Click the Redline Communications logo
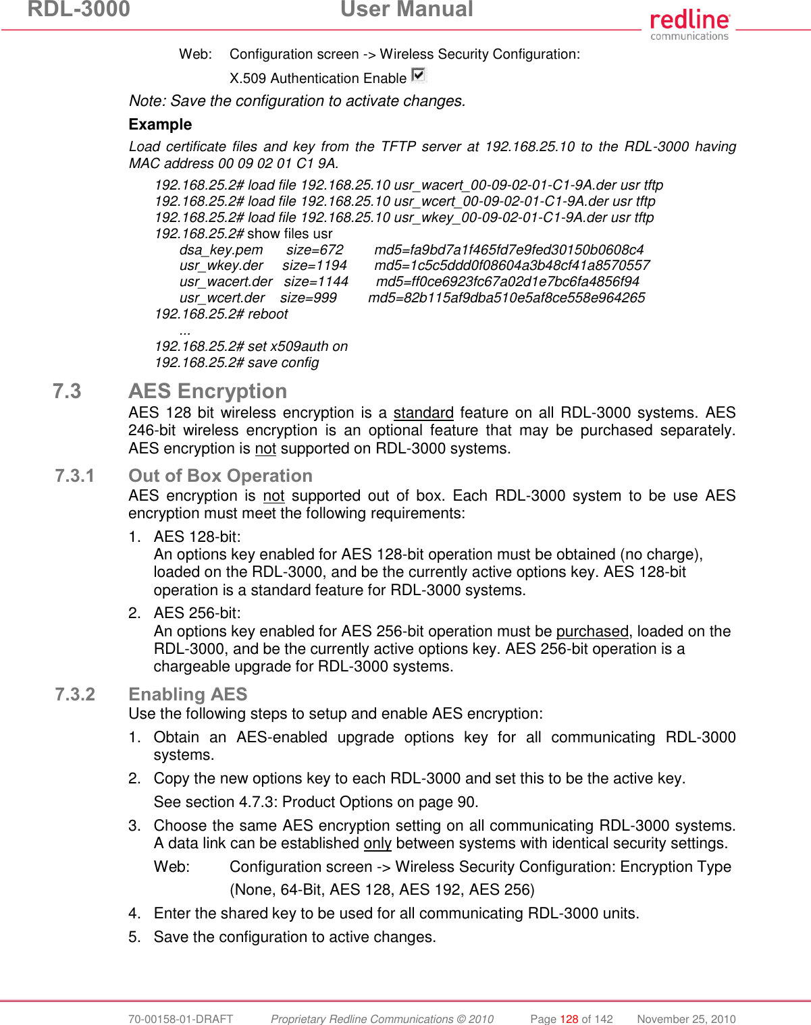689,25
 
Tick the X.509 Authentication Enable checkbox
418,75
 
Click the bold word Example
160,124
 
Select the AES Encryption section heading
207,391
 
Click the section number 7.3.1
75,476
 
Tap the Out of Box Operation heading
220,476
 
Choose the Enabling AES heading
188,694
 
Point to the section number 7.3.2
75,694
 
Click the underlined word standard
423,412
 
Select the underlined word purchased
592,631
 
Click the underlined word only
377,843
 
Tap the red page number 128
569,1019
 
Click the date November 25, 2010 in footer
686,1019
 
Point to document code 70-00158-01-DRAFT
180,1019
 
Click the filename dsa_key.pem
221,250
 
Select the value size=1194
315,265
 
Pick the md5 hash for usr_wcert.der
506,298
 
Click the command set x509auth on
298,346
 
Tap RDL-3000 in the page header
79,9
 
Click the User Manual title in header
407,9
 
